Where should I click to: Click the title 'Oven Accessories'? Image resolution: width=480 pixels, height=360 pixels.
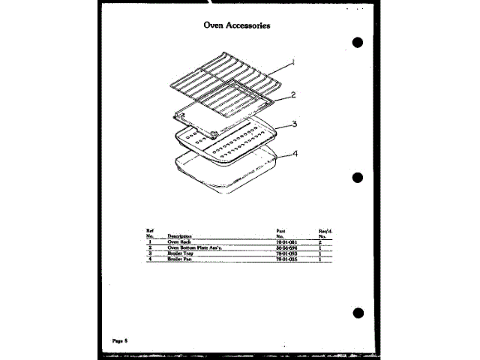point(236,25)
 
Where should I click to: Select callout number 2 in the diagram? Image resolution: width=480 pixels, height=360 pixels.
point(294,95)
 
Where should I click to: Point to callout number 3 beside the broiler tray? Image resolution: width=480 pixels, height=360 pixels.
point(295,124)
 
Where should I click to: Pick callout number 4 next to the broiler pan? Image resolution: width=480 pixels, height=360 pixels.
point(295,154)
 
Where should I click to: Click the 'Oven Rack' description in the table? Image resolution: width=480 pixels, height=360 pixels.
point(178,242)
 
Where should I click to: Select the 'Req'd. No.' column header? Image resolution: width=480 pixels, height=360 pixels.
point(324,233)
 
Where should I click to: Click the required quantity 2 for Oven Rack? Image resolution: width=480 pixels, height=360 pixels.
point(320,242)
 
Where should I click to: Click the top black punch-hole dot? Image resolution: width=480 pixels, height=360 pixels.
point(358,43)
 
